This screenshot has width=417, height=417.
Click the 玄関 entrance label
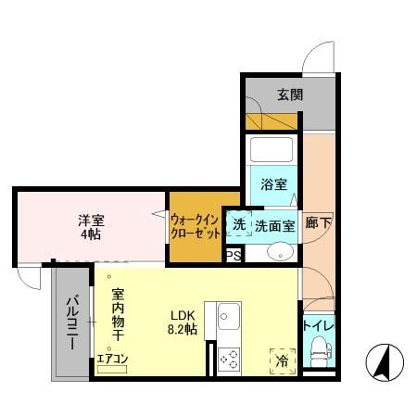tap(289, 95)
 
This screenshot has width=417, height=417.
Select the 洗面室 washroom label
tap(275, 224)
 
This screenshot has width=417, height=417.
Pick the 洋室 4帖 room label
tap(89, 227)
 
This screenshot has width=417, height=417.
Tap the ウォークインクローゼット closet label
tap(195, 226)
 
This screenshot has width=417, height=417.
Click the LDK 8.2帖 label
tap(182, 322)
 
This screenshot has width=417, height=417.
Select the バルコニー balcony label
tap(71, 322)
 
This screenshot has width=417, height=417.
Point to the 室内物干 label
tap(119, 315)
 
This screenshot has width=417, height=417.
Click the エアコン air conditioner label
tap(112, 358)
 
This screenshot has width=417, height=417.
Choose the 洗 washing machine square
tap(238, 224)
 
